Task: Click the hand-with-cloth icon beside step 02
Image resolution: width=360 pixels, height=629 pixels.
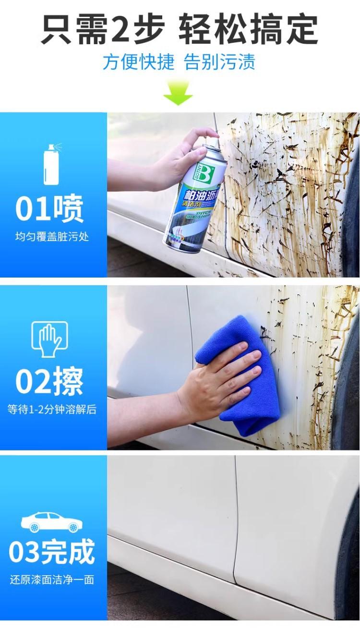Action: (x=49, y=339)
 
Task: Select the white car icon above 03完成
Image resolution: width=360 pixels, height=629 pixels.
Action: (x=51, y=522)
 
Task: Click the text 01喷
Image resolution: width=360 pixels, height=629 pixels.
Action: (x=49, y=209)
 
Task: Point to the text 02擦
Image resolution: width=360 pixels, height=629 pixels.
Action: (x=49, y=382)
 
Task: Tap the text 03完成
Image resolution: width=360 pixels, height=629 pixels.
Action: (x=51, y=552)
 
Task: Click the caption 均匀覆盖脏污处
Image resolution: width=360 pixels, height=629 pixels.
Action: (x=52, y=237)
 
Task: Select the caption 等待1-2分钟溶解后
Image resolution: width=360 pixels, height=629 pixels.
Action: (x=52, y=410)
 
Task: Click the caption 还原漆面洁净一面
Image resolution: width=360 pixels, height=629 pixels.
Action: (x=52, y=580)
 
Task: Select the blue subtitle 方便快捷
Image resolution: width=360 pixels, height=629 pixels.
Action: (x=138, y=62)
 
